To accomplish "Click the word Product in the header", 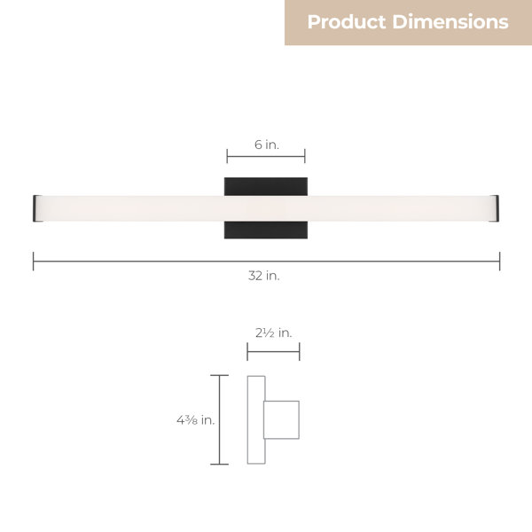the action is pos(347,22).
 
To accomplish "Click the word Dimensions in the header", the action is pos(450,21).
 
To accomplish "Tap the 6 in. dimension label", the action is pos(267,145).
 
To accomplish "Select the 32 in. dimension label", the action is pos(264,276).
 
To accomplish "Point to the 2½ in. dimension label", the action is pos(273,332).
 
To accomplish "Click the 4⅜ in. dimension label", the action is pos(196,420).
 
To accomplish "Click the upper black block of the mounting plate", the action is pos(266,186).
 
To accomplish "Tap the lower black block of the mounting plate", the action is pos(266,230).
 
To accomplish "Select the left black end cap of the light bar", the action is pos(36,208).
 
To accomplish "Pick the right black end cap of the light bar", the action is pos(495,208).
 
